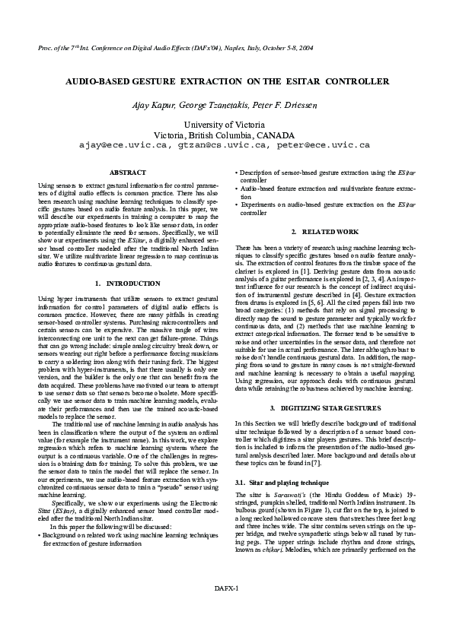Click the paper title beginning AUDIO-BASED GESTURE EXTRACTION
tap(226, 81)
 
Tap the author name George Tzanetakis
tap(227, 104)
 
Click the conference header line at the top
tap(163, 48)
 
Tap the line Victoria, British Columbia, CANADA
tap(226, 134)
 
